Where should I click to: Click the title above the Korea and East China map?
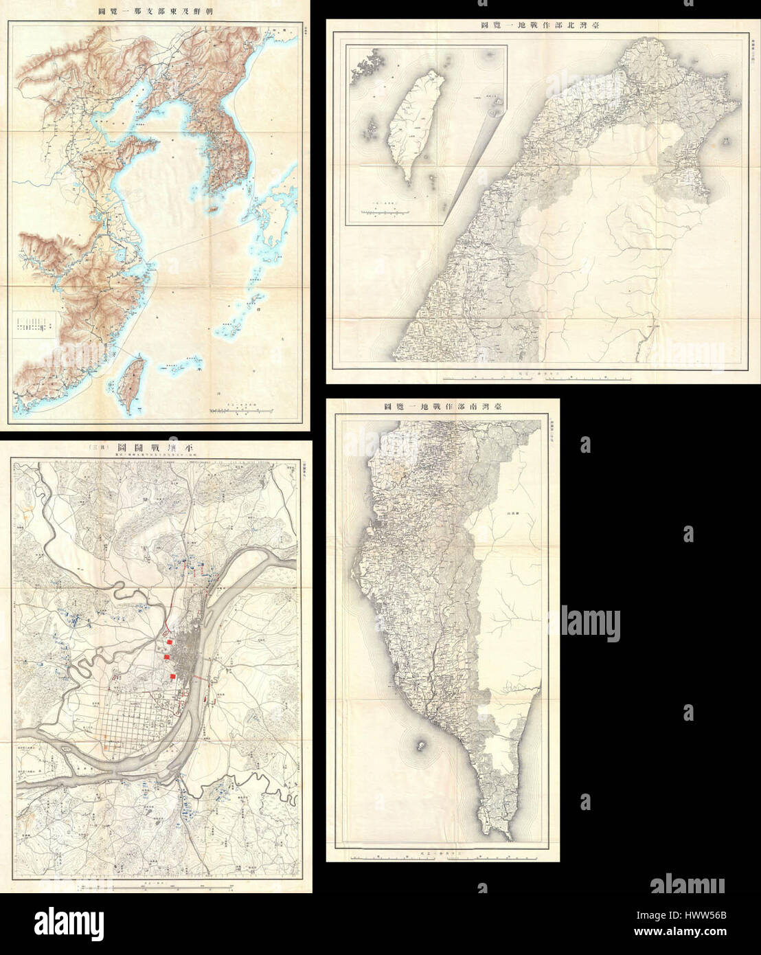click(x=156, y=12)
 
